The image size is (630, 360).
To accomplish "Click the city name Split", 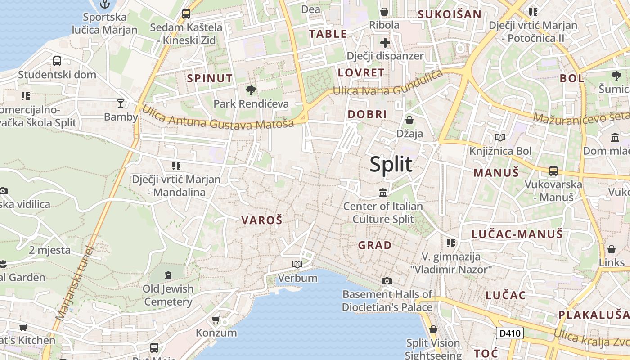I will [391, 164].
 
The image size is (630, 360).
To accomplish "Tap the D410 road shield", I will [510, 333].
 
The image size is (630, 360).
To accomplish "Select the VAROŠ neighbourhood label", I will [261, 220].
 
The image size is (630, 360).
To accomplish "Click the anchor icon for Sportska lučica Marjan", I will [104, 4].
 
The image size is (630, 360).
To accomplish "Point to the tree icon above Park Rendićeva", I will [251, 90].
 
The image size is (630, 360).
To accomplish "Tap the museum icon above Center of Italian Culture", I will [383, 193].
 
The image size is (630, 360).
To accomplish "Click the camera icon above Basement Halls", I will [387, 281].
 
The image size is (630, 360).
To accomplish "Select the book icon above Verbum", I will [297, 264].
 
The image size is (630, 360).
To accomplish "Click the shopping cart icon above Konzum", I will [216, 320].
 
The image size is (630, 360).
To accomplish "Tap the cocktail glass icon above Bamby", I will [120, 103].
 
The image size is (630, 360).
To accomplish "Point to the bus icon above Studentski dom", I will [57, 61].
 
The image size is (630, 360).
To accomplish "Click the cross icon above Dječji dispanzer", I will [385, 43].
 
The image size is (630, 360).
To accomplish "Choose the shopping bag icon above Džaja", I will [409, 120].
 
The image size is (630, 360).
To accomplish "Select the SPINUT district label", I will [210, 78].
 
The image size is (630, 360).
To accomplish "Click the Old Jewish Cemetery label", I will [168, 295].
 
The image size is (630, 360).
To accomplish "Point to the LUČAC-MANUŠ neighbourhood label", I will [517, 234].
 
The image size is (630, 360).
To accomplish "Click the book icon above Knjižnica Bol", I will [500, 137].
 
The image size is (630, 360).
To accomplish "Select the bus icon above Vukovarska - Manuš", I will [553, 171].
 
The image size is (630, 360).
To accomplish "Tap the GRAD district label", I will [375, 245].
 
